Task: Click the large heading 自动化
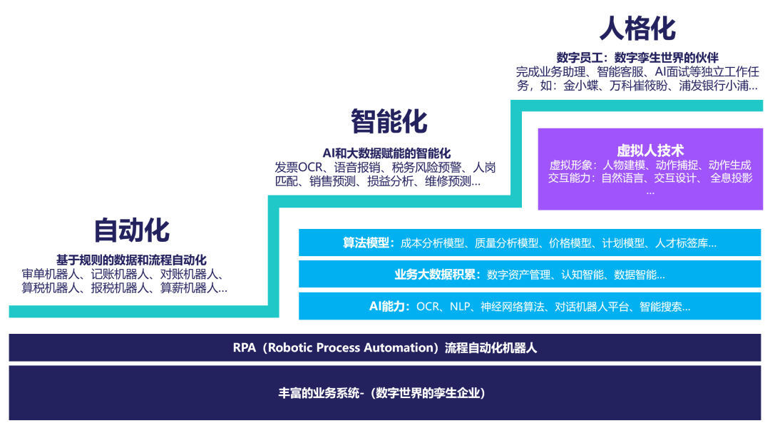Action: click(132, 230)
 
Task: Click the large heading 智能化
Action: click(389, 121)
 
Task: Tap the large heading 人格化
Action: click(637, 29)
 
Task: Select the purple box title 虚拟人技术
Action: click(650, 151)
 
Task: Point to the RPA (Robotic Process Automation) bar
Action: click(384, 348)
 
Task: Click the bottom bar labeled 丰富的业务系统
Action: click(384, 393)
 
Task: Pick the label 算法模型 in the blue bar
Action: click(368, 243)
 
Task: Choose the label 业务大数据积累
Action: click(437, 275)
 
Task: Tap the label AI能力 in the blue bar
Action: click(389, 307)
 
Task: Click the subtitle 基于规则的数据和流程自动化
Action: click(131, 260)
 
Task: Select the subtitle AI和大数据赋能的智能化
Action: click(386, 153)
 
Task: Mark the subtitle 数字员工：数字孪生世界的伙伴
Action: click(637, 57)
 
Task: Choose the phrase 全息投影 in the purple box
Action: click(731, 178)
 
